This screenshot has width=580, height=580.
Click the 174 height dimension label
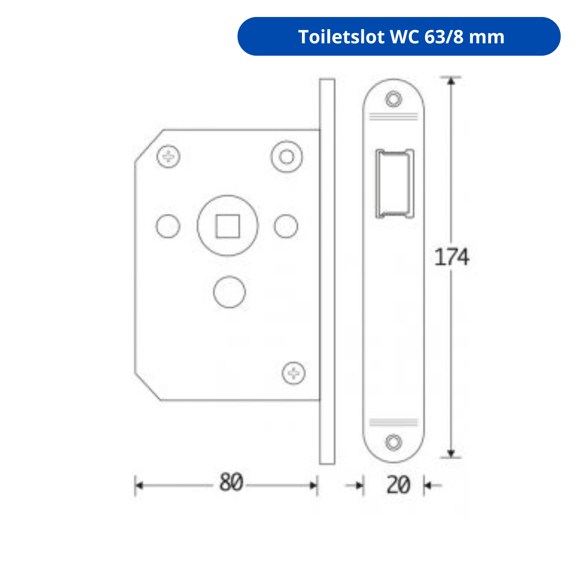click(452, 257)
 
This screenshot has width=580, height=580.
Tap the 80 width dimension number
click(231, 483)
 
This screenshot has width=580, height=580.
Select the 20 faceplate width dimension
click(398, 485)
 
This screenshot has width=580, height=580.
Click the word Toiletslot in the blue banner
click(341, 37)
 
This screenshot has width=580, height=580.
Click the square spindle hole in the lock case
click(227, 226)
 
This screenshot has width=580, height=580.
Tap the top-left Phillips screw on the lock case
click(169, 157)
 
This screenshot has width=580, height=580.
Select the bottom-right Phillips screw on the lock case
click(294, 373)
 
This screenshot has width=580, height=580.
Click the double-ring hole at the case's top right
click(287, 157)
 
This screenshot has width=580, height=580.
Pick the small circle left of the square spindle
click(168, 226)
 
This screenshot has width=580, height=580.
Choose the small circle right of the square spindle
click(286, 226)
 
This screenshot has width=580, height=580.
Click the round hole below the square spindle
click(229, 292)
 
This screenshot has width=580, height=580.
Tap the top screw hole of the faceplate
click(394, 99)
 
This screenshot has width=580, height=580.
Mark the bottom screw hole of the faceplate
click(394, 442)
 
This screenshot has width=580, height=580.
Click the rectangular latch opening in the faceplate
click(394, 184)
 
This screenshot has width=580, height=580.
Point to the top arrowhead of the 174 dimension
click(451, 81)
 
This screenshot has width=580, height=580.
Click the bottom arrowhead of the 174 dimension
click(451, 454)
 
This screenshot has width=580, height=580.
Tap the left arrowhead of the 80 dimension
click(139, 486)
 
